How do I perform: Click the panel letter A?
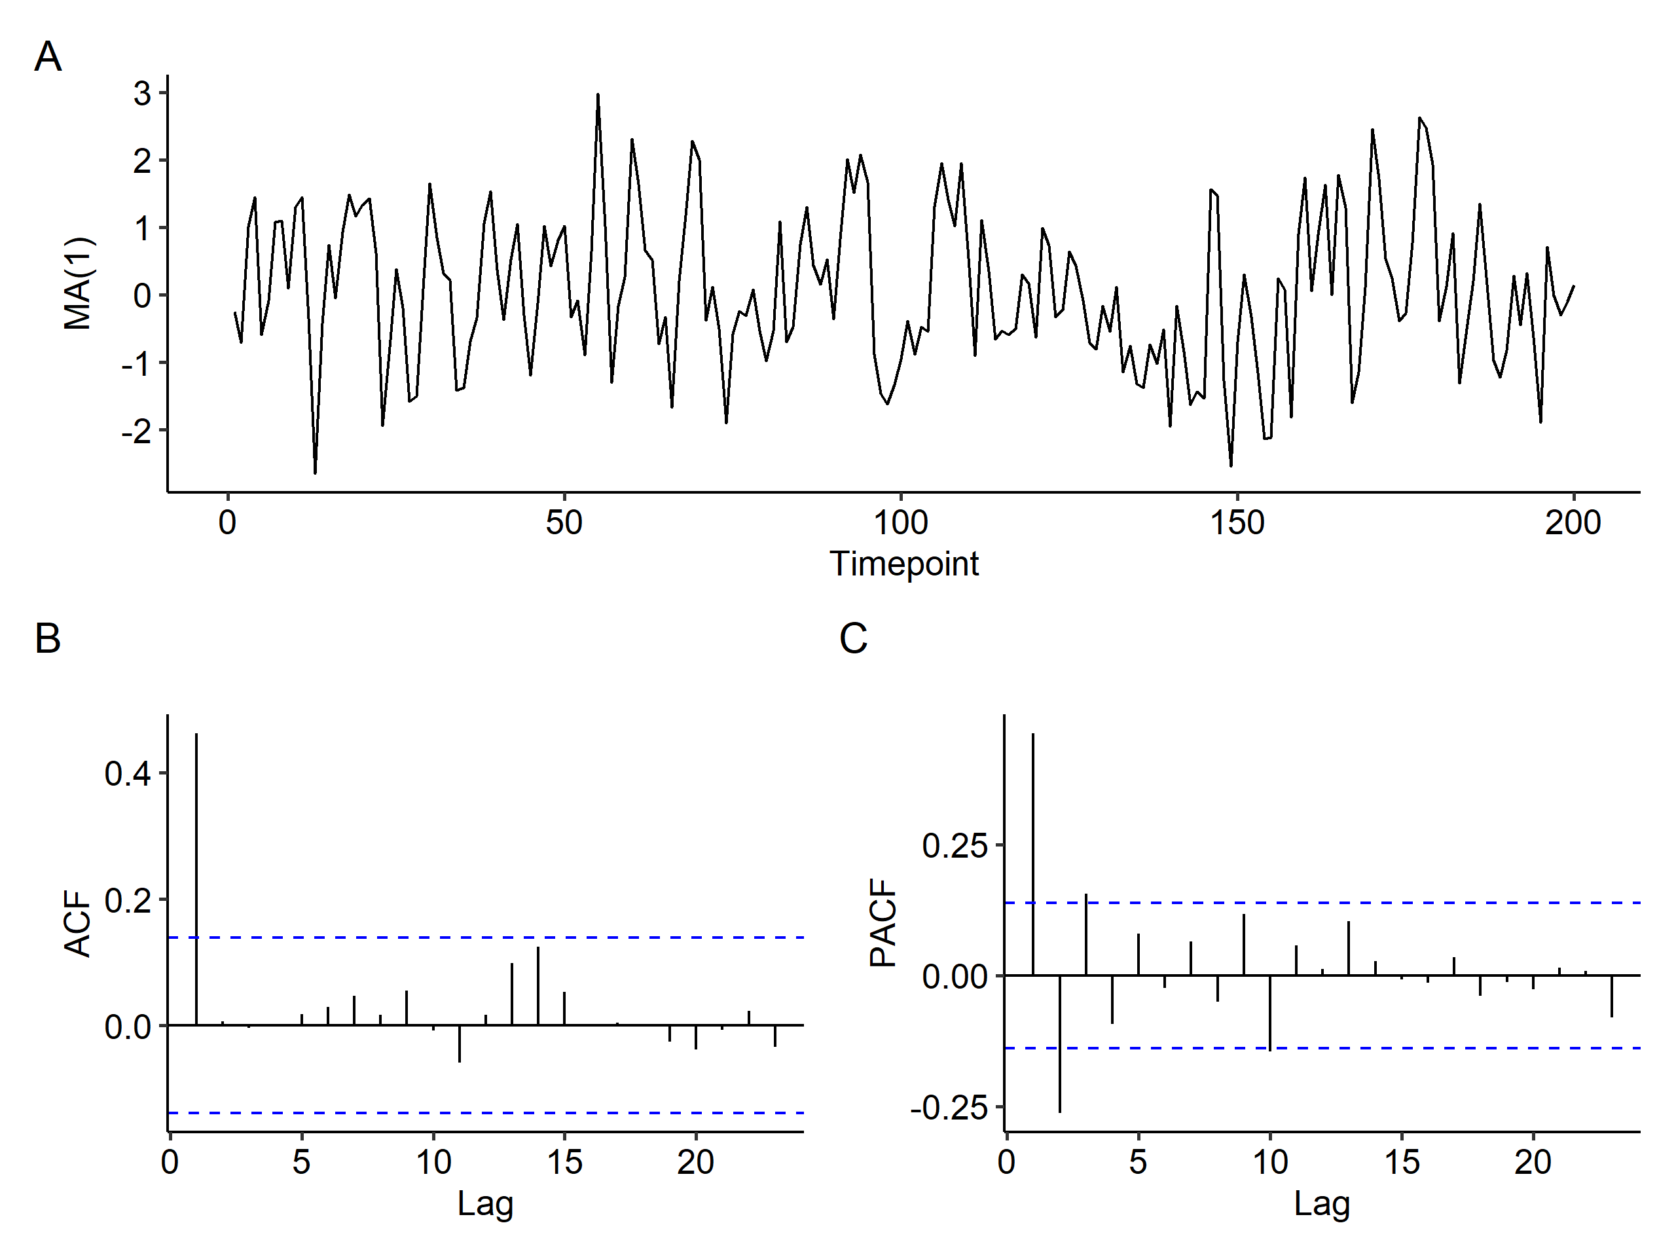click(x=48, y=57)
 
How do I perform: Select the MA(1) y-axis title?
click(x=79, y=284)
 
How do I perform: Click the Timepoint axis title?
click(x=904, y=564)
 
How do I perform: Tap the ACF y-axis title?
click(x=79, y=924)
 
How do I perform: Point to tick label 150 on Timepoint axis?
click(x=1237, y=524)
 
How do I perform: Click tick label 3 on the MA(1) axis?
click(x=143, y=93)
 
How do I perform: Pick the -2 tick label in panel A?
click(x=136, y=431)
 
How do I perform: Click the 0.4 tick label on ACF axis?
click(x=128, y=774)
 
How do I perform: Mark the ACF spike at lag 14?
click(x=538, y=985)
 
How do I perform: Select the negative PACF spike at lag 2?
click(x=1060, y=1046)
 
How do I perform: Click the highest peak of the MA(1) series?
click(x=598, y=96)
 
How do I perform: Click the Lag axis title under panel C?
click(x=1322, y=1204)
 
